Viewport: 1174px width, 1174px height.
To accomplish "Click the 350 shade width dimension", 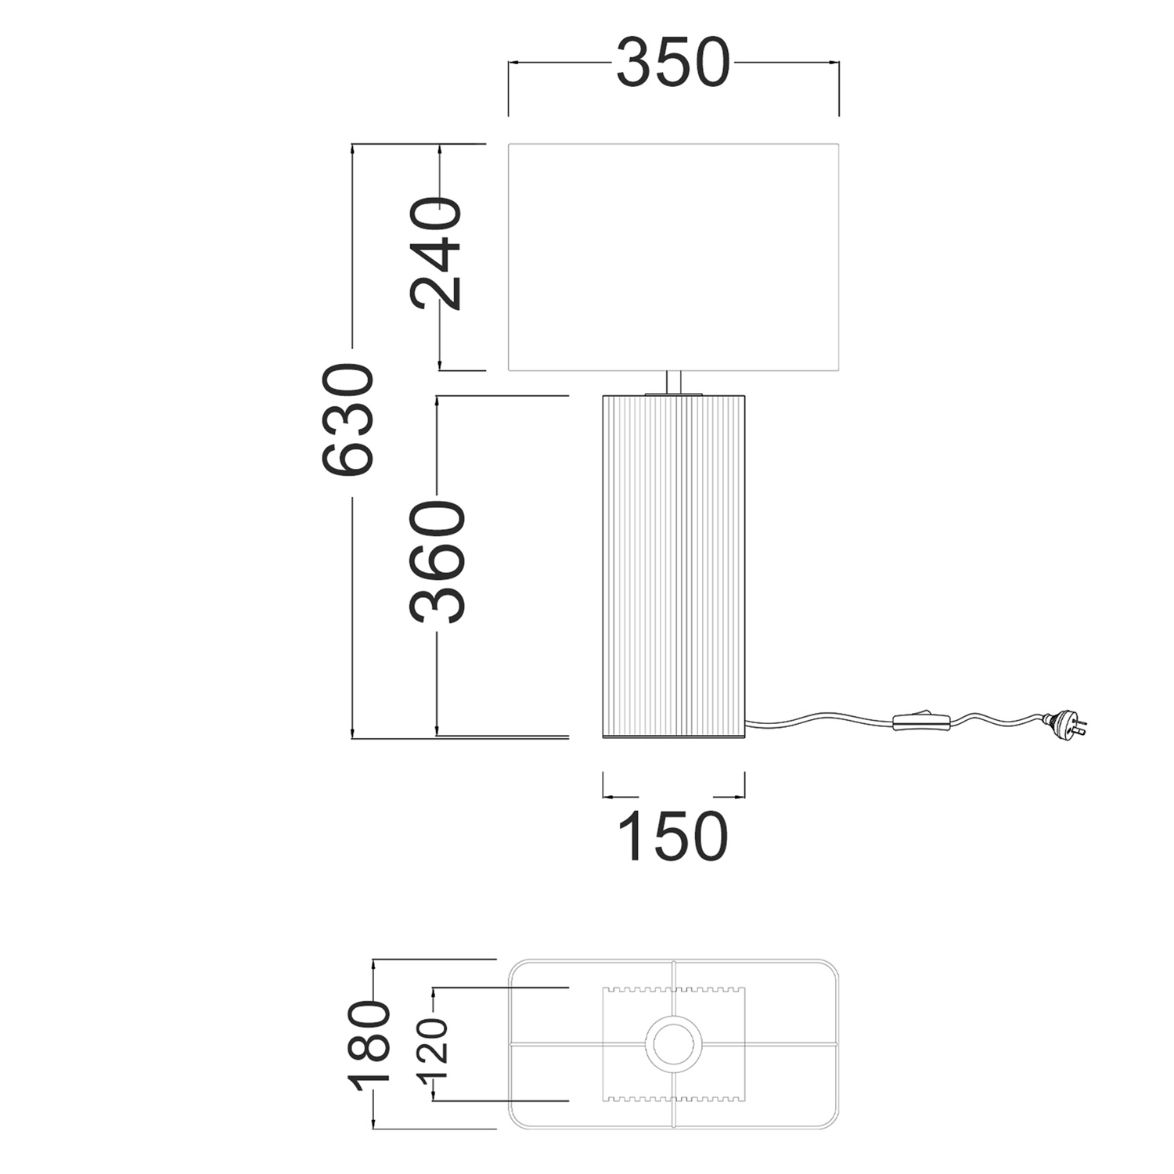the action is click(673, 63).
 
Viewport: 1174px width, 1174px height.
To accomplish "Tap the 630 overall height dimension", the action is click(348, 420).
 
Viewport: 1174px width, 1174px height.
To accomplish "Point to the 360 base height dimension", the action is click(438, 561).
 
